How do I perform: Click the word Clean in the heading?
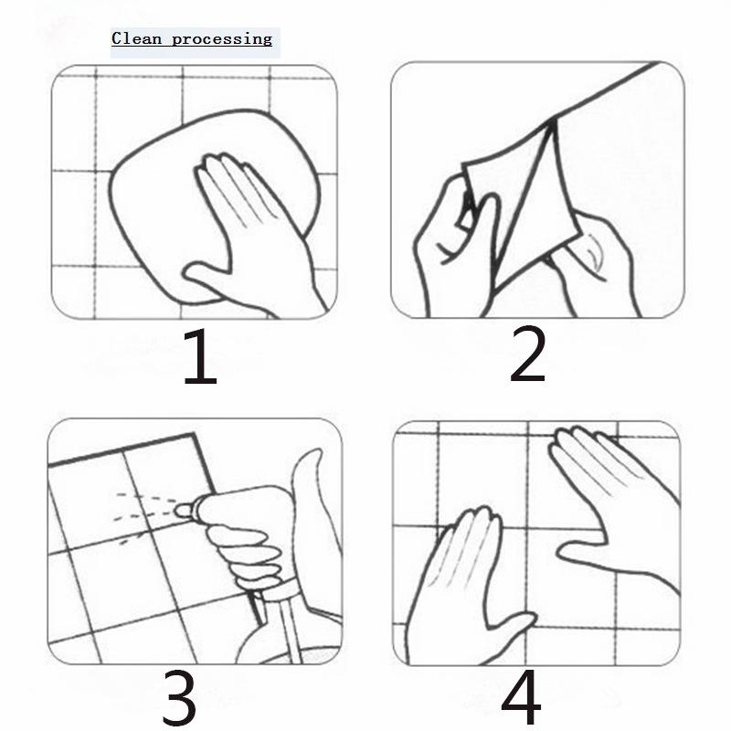point(136,38)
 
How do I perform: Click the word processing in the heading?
point(222,39)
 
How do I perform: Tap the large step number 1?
point(200,356)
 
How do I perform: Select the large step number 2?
point(527,354)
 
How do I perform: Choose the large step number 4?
point(521,697)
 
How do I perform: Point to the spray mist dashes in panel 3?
point(143,515)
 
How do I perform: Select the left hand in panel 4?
point(466,588)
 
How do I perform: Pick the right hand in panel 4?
point(615,503)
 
